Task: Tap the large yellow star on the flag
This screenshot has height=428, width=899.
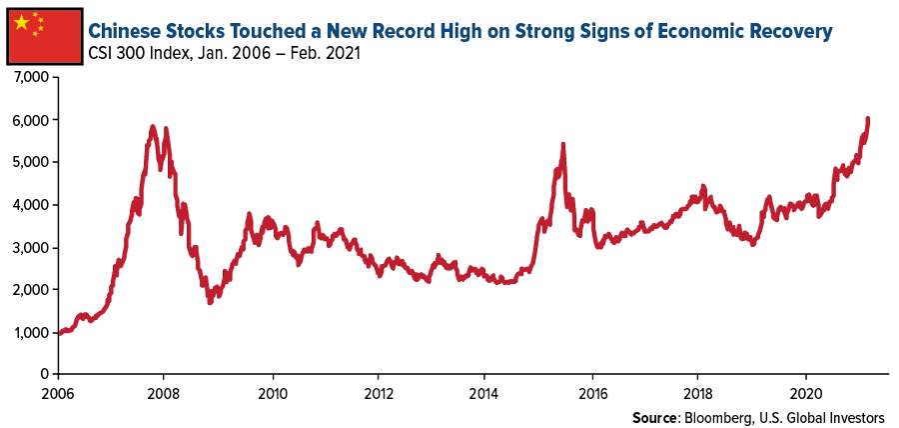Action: pos(22,23)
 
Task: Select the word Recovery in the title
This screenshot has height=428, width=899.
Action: pos(789,31)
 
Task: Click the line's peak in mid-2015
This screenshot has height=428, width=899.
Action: pos(563,145)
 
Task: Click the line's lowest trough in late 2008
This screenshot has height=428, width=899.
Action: pos(209,301)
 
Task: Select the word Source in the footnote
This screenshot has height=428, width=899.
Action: pos(654,415)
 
